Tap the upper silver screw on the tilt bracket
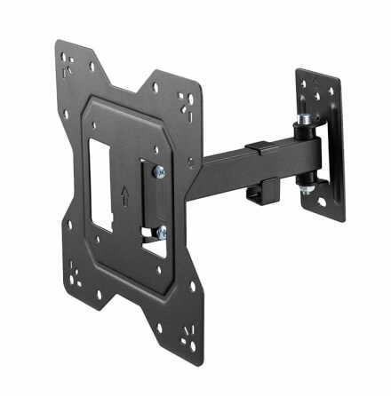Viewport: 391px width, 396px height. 159,172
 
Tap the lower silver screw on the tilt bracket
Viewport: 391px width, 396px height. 160,233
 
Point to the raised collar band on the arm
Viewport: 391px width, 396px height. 259,151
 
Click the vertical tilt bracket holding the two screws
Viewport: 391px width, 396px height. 151,202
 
